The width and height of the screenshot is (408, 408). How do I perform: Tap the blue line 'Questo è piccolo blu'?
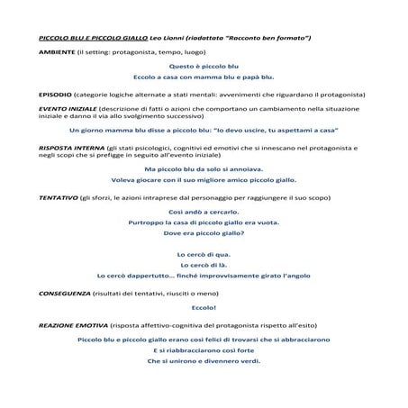pyautogui.click(x=203, y=68)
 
